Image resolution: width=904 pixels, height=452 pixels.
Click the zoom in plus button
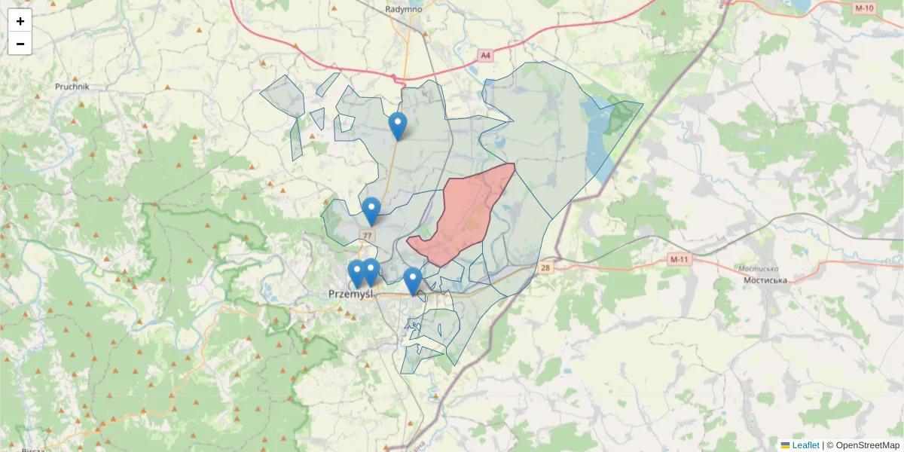[20, 21]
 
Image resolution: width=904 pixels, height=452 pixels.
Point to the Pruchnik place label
[72, 87]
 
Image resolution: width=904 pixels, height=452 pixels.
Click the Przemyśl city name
[351, 295]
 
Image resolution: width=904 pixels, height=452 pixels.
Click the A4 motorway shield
[486, 55]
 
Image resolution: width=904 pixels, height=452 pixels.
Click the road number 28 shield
[545, 267]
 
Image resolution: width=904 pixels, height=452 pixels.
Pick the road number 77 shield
[368, 236]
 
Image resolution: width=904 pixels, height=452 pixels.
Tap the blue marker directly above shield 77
[371, 210]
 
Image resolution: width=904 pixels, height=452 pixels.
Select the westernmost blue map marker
[356, 273]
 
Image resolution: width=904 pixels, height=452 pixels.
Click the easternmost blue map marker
[412, 280]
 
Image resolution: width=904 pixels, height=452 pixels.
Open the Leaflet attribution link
[805, 445]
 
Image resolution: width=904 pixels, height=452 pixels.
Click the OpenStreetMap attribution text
[867, 445]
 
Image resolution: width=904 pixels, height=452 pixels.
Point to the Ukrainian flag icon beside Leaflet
[785, 445]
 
